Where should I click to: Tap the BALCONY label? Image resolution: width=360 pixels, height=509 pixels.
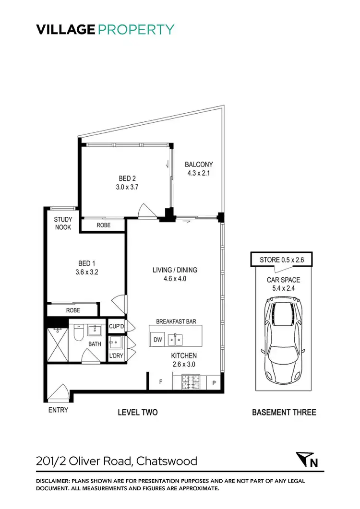[x=199, y=165]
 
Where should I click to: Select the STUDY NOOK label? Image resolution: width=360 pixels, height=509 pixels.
[x=63, y=224]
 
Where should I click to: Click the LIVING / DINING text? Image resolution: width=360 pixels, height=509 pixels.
[x=174, y=270]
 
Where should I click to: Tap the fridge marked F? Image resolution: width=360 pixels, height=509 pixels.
[x=161, y=382]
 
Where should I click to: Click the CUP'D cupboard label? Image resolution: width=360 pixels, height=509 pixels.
[x=117, y=327]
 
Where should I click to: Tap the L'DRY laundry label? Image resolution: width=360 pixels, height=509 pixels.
[x=116, y=355]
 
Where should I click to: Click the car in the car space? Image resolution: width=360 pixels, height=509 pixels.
[x=284, y=338]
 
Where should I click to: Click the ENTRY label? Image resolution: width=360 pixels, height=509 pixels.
[x=58, y=410]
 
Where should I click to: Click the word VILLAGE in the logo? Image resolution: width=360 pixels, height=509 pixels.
[x=66, y=30]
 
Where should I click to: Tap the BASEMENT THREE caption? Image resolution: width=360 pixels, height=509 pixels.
[x=284, y=412]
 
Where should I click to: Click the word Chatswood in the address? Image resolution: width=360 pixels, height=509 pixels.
[x=167, y=462]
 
